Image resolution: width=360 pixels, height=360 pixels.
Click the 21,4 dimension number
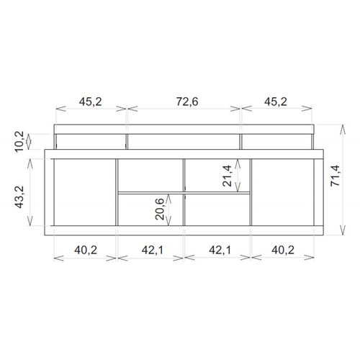228,175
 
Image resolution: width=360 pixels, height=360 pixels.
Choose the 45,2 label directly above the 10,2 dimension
91,102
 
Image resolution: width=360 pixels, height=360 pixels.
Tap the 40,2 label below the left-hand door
86,250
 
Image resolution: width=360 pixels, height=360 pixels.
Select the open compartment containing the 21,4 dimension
217,174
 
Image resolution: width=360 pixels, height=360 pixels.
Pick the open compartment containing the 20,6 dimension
150,210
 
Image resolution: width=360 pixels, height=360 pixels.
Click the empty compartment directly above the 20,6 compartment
150,174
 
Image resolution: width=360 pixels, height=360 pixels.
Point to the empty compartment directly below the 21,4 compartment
217,210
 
